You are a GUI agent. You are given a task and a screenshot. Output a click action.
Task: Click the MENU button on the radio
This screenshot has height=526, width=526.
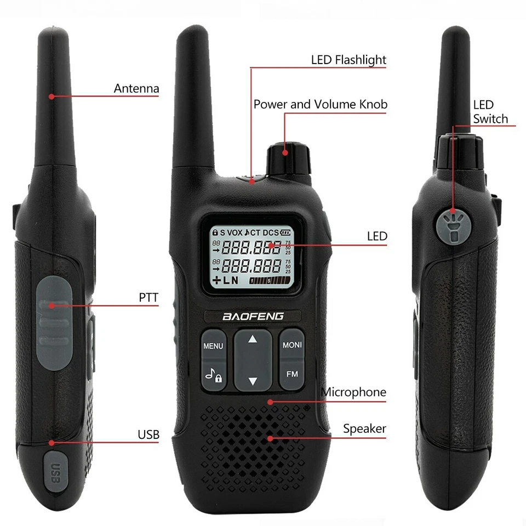tap(213, 346)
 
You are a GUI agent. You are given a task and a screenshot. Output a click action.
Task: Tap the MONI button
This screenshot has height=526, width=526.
tap(292, 345)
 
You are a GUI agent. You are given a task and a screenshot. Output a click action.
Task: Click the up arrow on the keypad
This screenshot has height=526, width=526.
tap(253, 339)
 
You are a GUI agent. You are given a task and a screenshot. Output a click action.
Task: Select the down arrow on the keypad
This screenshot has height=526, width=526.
tap(253, 381)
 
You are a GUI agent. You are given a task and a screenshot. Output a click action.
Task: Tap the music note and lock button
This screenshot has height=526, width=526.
tap(213, 375)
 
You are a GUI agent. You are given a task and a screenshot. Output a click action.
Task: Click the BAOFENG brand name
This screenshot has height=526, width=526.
tap(253, 316)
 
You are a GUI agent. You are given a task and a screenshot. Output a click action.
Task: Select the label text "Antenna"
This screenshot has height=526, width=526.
tap(136, 88)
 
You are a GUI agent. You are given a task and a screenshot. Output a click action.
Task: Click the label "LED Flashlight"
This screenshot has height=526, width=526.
tap(348, 60)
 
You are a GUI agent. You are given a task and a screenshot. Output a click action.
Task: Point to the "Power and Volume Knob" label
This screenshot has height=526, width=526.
tap(320, 104)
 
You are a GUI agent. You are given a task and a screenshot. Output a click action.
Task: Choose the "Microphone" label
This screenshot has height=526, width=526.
tap(353, 392)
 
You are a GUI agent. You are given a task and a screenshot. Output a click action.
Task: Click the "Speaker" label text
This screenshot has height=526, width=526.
tap(364, 428)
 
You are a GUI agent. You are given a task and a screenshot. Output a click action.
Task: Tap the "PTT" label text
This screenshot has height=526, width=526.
tap(148, 298)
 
